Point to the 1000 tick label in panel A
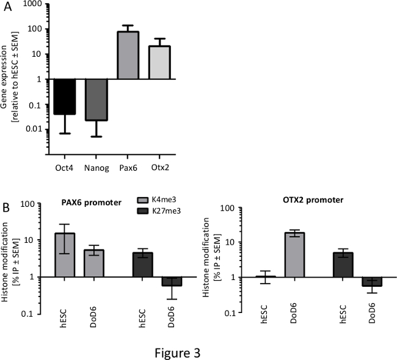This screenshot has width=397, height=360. (x=32, y=4)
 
